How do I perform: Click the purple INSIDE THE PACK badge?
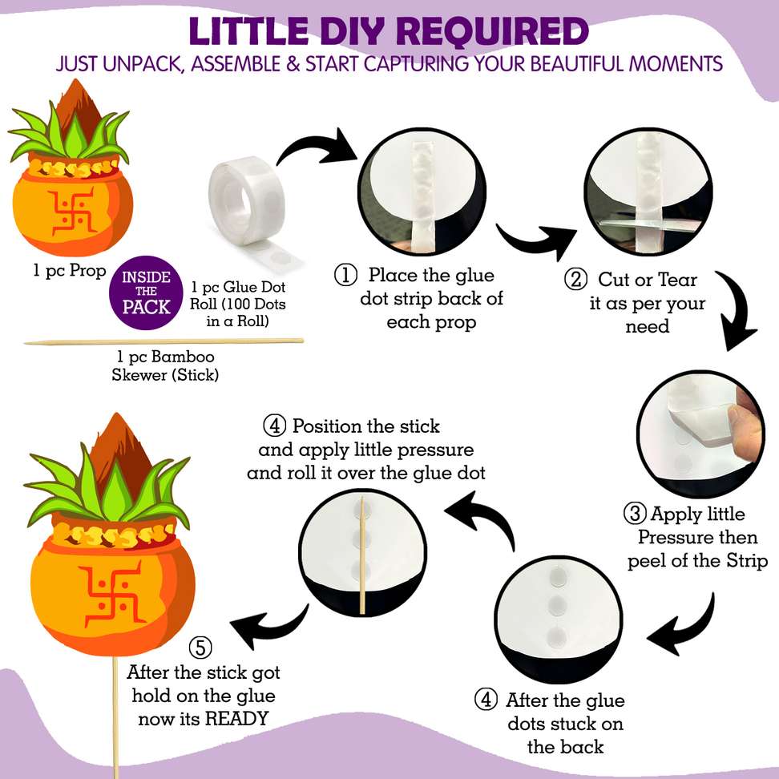(146, 293)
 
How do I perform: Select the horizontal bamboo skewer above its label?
(163, 341)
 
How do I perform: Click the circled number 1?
(345, 275)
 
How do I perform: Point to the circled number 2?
(575, 279)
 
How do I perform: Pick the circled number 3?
(635, 514)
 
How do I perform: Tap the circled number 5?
(200, 648)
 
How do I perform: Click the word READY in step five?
(237, 718)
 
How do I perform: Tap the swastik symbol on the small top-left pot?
(73, 211)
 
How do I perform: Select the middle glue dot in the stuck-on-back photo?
(556, 605)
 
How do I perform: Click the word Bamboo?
(183, 357)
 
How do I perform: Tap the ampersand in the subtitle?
(293, 64)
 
